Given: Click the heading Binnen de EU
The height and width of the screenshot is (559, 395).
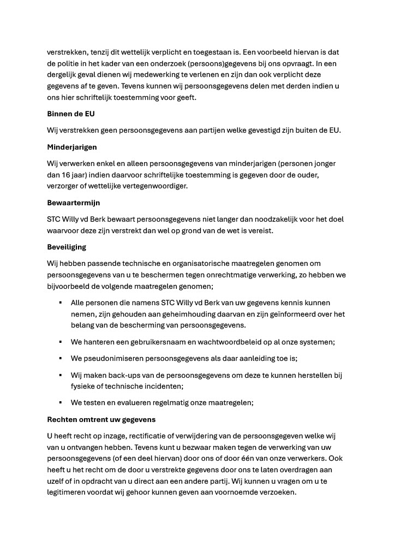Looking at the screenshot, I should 71,115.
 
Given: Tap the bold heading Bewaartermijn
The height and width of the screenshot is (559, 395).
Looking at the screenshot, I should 73,203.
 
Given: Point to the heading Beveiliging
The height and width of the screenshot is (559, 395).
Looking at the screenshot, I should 67,247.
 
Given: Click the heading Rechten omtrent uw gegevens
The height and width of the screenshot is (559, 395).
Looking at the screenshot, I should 101,419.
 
